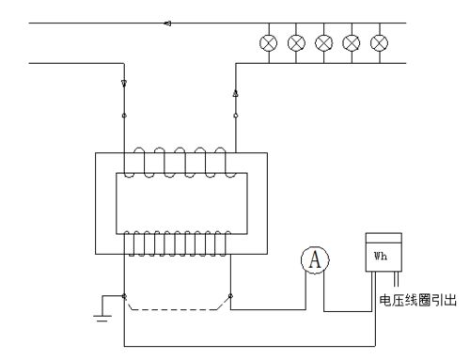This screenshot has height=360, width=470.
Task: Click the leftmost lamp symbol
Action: pos(269,42)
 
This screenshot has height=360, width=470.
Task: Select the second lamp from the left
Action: pos(296,42)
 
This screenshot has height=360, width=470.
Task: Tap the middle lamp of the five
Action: pos(324,42)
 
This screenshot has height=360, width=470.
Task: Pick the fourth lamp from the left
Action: pos(352,42)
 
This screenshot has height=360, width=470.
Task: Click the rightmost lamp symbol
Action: pos(379,42)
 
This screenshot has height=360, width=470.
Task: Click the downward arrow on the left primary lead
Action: pos(124,84)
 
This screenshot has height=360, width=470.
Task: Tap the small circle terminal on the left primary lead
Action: pos(124,116)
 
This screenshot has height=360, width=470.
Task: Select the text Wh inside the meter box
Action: pos(381,255)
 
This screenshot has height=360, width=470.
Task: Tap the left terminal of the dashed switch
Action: pos(125,294)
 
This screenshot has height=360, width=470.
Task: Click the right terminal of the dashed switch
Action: pos(229,294)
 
